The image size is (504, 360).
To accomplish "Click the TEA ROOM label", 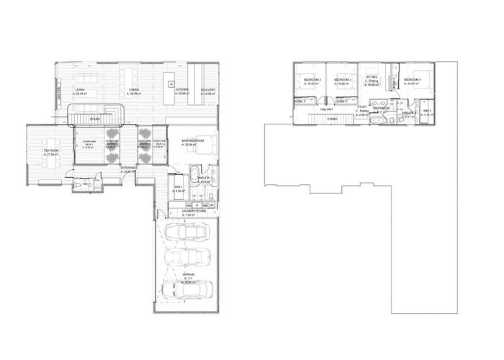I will coord(50,151).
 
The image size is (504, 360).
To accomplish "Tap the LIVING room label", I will coord(80,90).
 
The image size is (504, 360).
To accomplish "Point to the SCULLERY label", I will coord(209,90).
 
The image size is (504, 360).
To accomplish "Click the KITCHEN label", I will coord(181,90).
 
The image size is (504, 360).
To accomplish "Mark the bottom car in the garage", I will coord(180,289).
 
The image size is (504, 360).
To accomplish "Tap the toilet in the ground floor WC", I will coord(77,185).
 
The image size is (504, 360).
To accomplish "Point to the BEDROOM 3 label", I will coord(312,78).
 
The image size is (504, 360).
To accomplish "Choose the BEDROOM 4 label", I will coord(412,78).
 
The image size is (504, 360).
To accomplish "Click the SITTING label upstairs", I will coord(372,76).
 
